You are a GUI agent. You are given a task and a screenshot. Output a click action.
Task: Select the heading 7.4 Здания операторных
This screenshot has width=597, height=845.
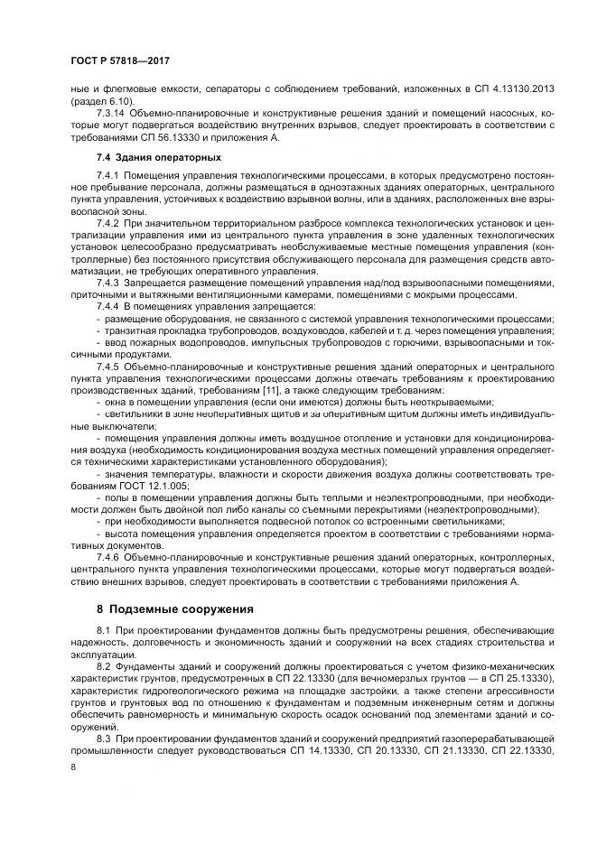pos(145,158)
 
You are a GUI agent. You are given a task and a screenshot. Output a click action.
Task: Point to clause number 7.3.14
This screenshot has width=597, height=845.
pos(112,113)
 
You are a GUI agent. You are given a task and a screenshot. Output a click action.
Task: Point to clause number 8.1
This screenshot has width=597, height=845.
pos(103,627)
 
